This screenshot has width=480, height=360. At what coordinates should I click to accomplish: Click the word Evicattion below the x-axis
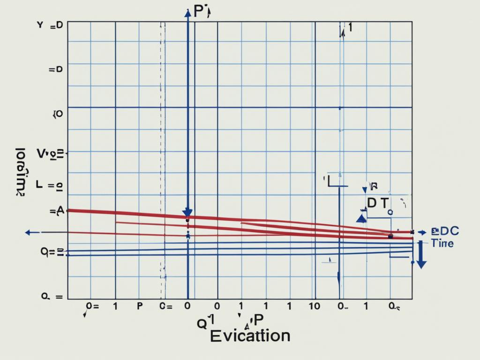pyautogui.click(x=250, y=336)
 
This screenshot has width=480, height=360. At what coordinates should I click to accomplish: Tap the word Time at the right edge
pyautogui.click(x=442, y=243)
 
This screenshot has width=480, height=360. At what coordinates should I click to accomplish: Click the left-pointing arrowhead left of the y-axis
pyautogui.click(x=29, y=232)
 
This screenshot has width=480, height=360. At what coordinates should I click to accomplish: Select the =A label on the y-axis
pyautogui.click(x=57, y=211)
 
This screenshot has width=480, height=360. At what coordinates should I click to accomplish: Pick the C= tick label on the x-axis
pyautogui.click(x=166, y=306)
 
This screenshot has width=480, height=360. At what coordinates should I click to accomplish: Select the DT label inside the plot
pyautogui.click(x=377, y=203)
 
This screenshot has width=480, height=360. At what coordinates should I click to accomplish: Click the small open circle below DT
pyautogui.click(x=390, y=211)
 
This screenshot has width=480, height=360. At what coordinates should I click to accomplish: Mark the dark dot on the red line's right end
pyautogui.click(x=390, y=236)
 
